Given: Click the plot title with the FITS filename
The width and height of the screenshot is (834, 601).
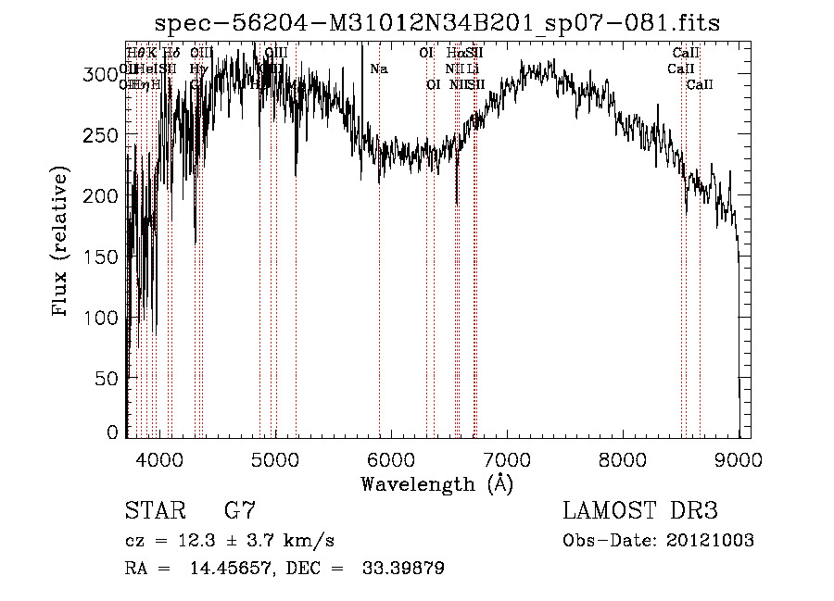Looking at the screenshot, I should [436, 22].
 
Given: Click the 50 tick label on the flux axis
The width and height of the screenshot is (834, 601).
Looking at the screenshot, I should [109, 378].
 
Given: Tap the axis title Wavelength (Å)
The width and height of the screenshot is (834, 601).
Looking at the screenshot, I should [436, 482].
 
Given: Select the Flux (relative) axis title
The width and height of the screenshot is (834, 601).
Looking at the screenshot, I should [62, 243].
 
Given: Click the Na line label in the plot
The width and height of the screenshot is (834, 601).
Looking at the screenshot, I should [378, 69].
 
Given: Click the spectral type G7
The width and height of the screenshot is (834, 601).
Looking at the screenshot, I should [238, 510].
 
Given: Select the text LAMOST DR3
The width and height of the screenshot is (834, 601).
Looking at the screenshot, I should [640, 510].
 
